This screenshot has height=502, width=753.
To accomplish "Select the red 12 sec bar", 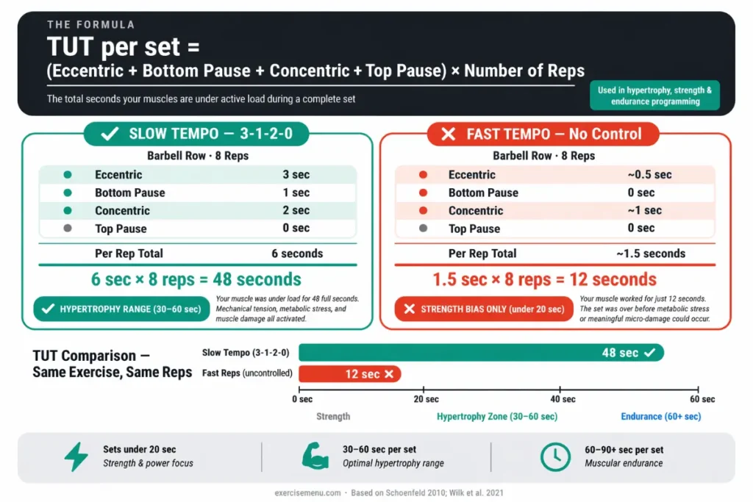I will [349, 374].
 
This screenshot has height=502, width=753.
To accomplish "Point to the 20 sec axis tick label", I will [427, 400].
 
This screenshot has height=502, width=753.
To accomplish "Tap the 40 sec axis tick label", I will [563, 400].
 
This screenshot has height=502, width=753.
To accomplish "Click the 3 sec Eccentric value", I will [296, 175].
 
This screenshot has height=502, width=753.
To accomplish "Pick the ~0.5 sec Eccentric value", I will [649, 175].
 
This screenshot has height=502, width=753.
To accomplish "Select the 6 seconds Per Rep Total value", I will [296, 254].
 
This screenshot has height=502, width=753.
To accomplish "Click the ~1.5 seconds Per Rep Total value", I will [651, 254].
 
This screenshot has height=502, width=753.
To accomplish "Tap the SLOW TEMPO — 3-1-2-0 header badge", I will [196, 135].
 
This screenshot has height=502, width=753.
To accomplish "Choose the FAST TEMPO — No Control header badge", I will [543, 135].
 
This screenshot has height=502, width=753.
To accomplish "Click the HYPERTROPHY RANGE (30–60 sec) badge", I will [121, 309].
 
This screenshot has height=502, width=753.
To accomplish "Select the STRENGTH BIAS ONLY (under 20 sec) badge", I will [483, 309].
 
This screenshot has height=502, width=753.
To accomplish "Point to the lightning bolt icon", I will [76, 456].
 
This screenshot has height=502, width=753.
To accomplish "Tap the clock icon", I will [555, 456].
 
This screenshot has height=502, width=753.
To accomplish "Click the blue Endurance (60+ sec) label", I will [661, 417].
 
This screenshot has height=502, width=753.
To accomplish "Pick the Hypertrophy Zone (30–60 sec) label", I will [497, 417].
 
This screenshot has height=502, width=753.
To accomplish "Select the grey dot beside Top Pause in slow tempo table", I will [68, 229].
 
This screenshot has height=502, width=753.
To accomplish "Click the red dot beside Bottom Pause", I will [422, 193].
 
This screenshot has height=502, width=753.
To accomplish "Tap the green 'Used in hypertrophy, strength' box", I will [654, 96].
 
